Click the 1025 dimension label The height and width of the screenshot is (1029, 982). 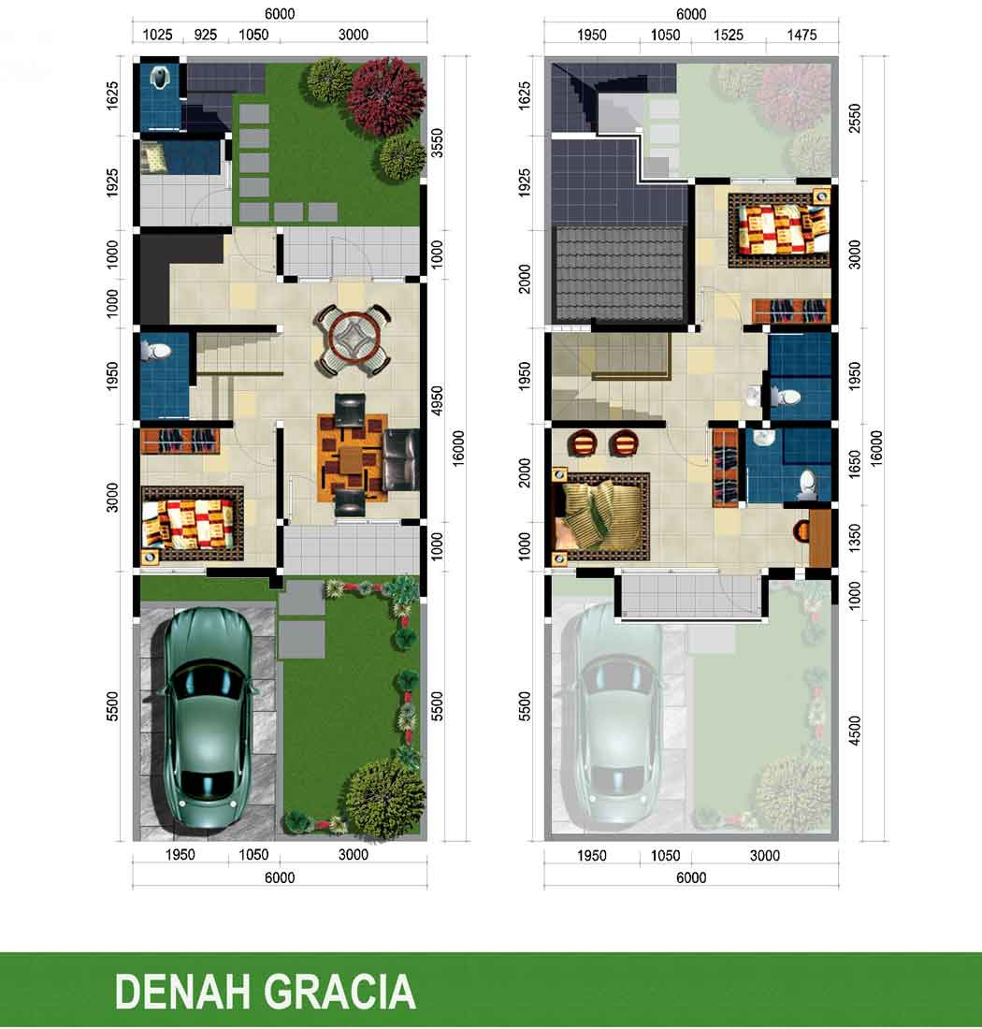coord(157,35)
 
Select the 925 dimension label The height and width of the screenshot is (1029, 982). coord(206,35)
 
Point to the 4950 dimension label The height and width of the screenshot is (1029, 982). coord(437,401)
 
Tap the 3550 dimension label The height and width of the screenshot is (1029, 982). coord(437,143)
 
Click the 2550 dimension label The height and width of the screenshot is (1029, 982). coord(855,118)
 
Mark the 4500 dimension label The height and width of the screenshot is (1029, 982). coord(855,731)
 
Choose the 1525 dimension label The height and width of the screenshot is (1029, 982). coord(729,35)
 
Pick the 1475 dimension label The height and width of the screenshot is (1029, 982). coord(801,35)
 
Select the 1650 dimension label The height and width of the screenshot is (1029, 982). coord(855,464)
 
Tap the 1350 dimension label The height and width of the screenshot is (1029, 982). coord(855,538)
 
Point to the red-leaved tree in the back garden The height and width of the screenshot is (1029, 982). coord(386,96)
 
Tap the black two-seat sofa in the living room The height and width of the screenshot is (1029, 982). coord(401,460)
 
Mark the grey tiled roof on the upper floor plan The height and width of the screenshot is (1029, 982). coord(620,271)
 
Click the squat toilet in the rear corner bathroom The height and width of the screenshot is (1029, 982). coord(160,78)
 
